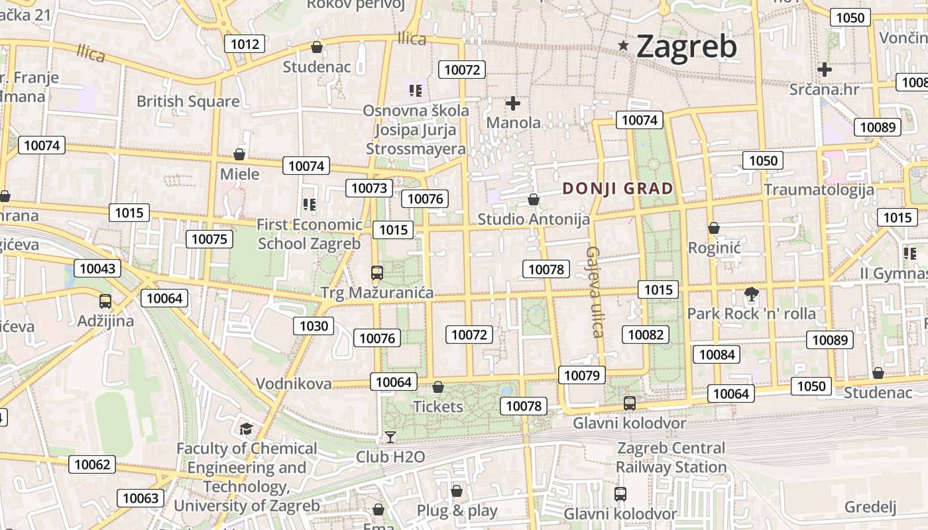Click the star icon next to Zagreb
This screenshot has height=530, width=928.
[x=623, y=46]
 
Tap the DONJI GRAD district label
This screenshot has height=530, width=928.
[x=617, y=189]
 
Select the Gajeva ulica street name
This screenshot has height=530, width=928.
[x=594, y=291]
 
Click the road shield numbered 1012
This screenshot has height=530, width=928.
[x=245, y=44]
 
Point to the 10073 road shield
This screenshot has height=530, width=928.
[x=369, y=188]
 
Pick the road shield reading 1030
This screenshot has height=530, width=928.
[x=314, y=325]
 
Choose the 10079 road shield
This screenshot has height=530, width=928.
[x=582, y=376]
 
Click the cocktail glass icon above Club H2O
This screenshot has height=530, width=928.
[x=390, y=437]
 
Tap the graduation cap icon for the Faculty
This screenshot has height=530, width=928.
[x=246, y=429]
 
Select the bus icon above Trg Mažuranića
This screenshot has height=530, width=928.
[x=377, y=272]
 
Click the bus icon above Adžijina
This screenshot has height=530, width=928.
[x=105, y=301]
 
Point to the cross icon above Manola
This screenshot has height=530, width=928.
[x=512, y=103]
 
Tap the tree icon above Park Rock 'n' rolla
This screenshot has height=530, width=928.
[x=751, y=293]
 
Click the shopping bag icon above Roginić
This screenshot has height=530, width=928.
[x=714, y=228]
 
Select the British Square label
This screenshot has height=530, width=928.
[x=188, y=101]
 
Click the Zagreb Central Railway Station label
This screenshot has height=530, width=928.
[x=671, y=458]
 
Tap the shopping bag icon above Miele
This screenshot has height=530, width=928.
[x=239, y=154]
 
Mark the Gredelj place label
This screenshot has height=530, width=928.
[x=870, y=507]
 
